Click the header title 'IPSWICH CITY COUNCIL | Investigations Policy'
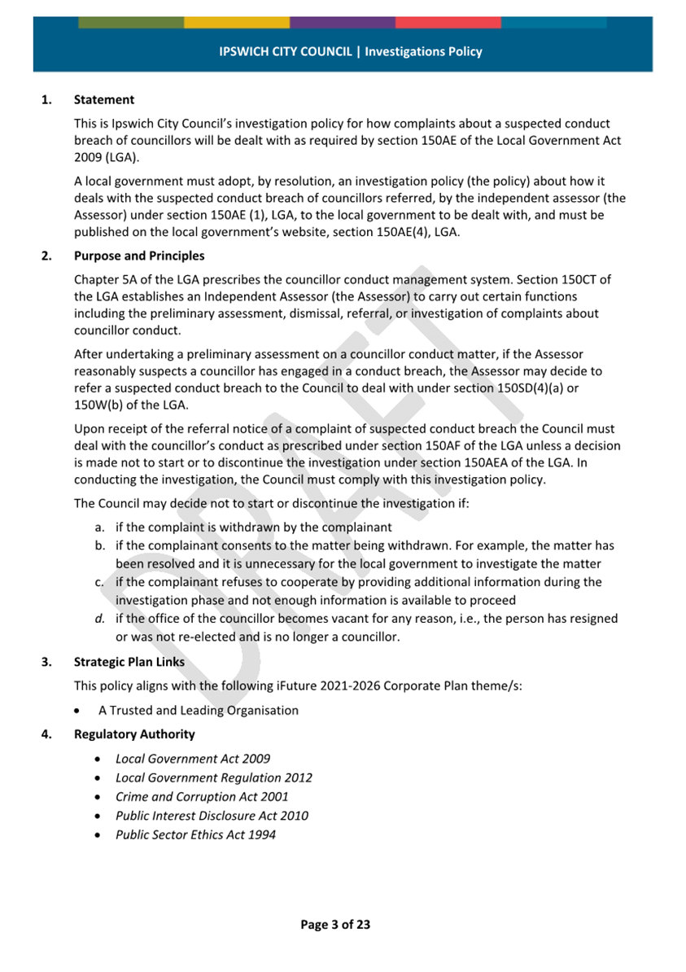(x=350, y=51)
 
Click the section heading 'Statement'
(x=103, y=100)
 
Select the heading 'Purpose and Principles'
(x=139, y=256)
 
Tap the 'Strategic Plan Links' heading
(x=129, y=662)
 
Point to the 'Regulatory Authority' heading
(x=134, y=734)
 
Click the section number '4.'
(x=47, y=734)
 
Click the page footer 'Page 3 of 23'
(x=335, y=924)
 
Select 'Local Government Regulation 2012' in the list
(x=213, y=777)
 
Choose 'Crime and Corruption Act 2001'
(x=201, y=797)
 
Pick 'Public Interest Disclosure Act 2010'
(x=212, y=816)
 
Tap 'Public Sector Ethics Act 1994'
(x=195, y=834)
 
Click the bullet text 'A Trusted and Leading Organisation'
(x=198, y=711)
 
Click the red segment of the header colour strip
(x=448, y=23)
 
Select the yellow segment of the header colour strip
(x=237, y=23)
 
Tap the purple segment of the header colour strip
(x=343, y=23)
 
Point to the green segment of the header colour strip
(x=131, y=23)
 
